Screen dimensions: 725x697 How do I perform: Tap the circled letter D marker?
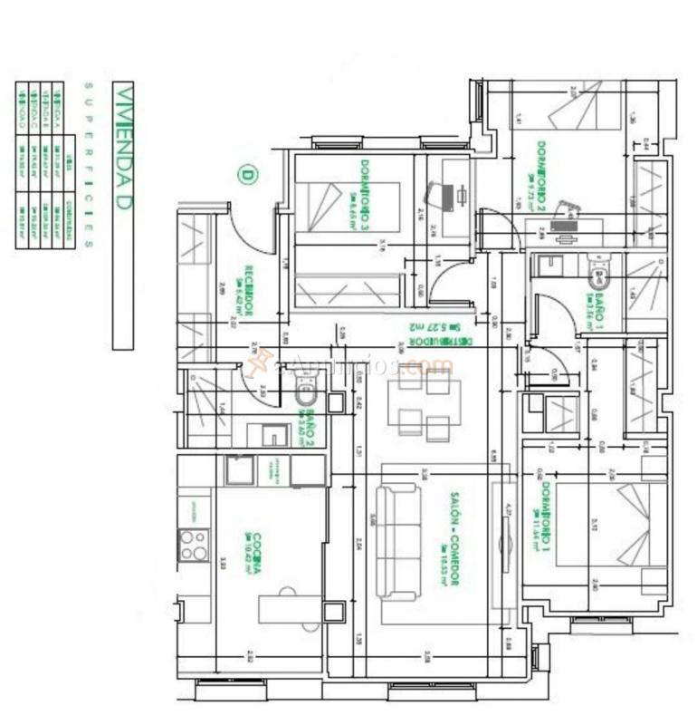(245, 174)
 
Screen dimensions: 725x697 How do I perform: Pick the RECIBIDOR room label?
(247, 291)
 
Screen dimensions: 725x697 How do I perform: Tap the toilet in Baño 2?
(306, 394)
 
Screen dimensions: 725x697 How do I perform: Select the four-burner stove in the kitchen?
(193, 545)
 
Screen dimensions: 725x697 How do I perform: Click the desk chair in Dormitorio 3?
(440, 195)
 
